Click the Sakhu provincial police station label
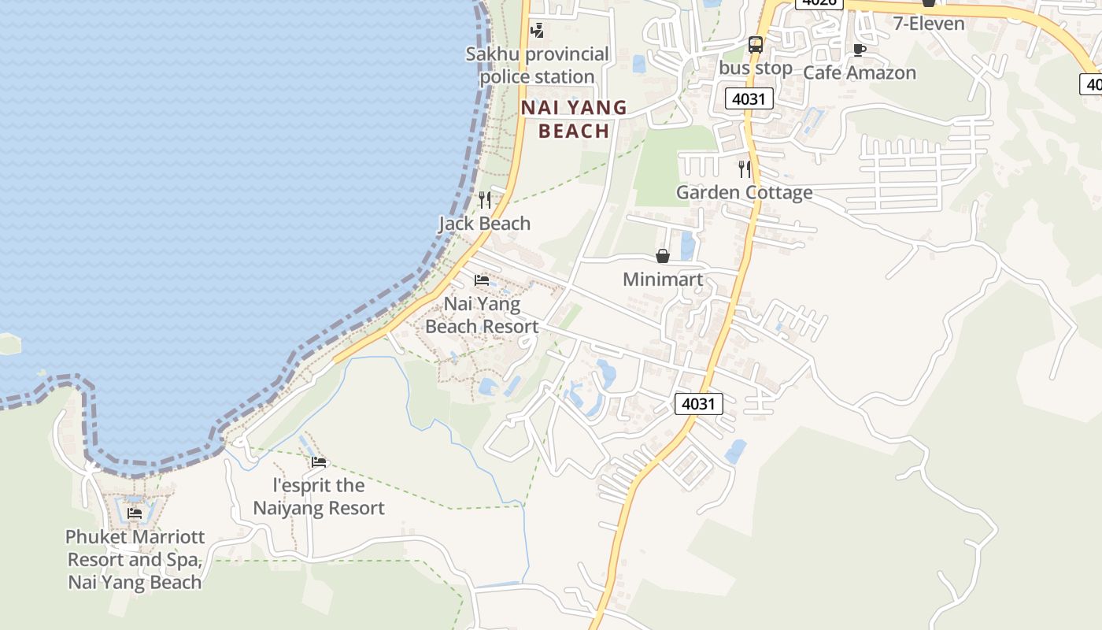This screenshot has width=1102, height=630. (x=537, y=65)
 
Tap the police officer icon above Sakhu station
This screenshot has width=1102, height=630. (x=537, y=31)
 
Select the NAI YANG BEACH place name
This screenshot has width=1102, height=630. (x=574, y=119)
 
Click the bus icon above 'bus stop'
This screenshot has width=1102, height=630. (x=756, y=45)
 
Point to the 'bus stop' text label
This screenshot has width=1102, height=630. (x=756, y=68)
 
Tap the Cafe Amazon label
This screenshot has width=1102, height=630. (x=859, y=72)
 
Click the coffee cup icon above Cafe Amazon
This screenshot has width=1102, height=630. (x=860, y=50)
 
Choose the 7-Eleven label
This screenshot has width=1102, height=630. (x=929, y=23)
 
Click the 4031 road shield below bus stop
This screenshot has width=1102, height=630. (x=749, y=98)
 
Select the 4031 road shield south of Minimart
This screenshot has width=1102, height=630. (x=698, y=404)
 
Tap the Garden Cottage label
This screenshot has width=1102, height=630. (x=744, y=192)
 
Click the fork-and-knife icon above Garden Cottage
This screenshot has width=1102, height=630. (x=744, y=169)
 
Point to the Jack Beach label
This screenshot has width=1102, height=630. (x=485, y=224)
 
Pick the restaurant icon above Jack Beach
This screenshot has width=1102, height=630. (x=485, y=199)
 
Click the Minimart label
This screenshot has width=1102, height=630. (x=663, y=280)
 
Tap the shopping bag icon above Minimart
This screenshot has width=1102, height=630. (x=663, y=256)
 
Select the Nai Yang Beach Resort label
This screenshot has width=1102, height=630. (x=482, y=315)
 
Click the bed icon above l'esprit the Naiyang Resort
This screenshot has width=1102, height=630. (x=319, y=462)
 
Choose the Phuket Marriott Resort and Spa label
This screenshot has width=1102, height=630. (x=135, y=559)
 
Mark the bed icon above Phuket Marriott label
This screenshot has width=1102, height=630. (x=135, y=513)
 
